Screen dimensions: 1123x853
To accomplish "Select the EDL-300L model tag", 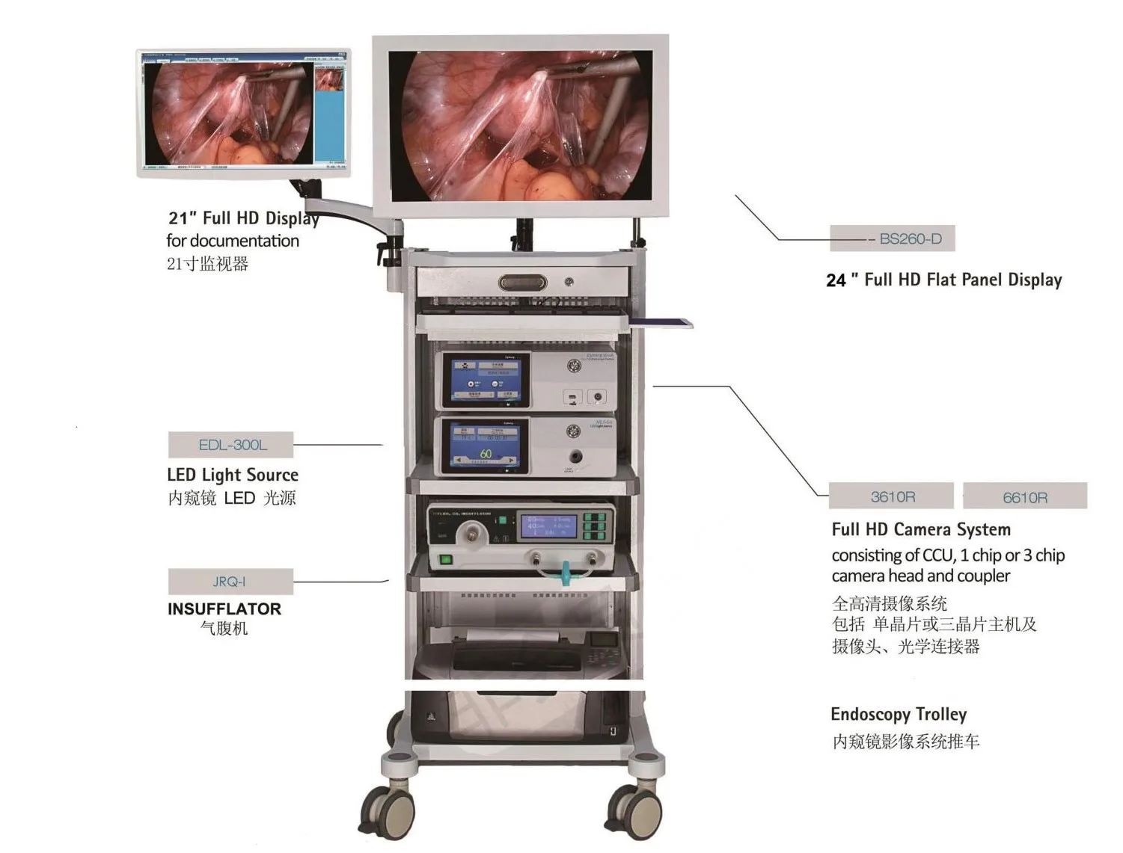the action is coord(231,445).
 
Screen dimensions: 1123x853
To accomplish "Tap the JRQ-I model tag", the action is coord(230,582).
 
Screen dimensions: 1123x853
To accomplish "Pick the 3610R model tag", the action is coord(892,497).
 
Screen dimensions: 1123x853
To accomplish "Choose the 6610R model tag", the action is coord(1024,498).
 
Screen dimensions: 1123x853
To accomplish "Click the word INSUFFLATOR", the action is coord(224,609).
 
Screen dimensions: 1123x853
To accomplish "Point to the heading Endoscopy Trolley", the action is coord(899,715).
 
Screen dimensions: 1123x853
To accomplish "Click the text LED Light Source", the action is coord(233,475).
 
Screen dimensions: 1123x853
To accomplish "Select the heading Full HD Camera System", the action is coord(921,530).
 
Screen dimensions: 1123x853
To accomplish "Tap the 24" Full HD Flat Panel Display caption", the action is coord(944,280).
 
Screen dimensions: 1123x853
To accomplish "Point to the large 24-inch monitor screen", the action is coord(521,126).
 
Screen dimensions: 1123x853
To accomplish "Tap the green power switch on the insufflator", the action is coord(446,559).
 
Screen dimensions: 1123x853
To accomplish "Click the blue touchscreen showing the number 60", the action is coord(486,446).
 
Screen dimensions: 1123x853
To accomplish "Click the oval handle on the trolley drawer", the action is coord(522,283).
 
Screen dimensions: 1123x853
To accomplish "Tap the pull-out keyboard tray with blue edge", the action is coord(660,323).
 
